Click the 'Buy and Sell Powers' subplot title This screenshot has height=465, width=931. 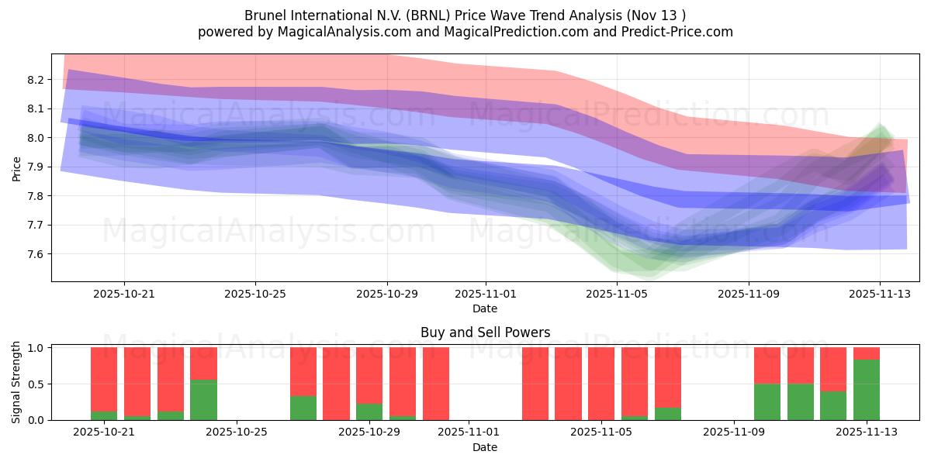(485, 332)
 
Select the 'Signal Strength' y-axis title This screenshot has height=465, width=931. (16, 382)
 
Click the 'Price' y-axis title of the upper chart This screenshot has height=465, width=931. (16, 167)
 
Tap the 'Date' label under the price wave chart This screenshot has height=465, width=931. (485, 308)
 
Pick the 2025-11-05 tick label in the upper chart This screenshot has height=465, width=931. (617, 294)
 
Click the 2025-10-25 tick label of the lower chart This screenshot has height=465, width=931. (237, 432)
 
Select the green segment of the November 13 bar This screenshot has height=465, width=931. (867, 390)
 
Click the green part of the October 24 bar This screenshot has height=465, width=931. (203, 400)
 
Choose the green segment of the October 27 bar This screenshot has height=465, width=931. (303, 408)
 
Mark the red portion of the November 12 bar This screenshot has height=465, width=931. (833, 369)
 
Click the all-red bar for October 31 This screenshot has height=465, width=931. (436, 384)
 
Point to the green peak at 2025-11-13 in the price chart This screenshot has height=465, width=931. (880, 127)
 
